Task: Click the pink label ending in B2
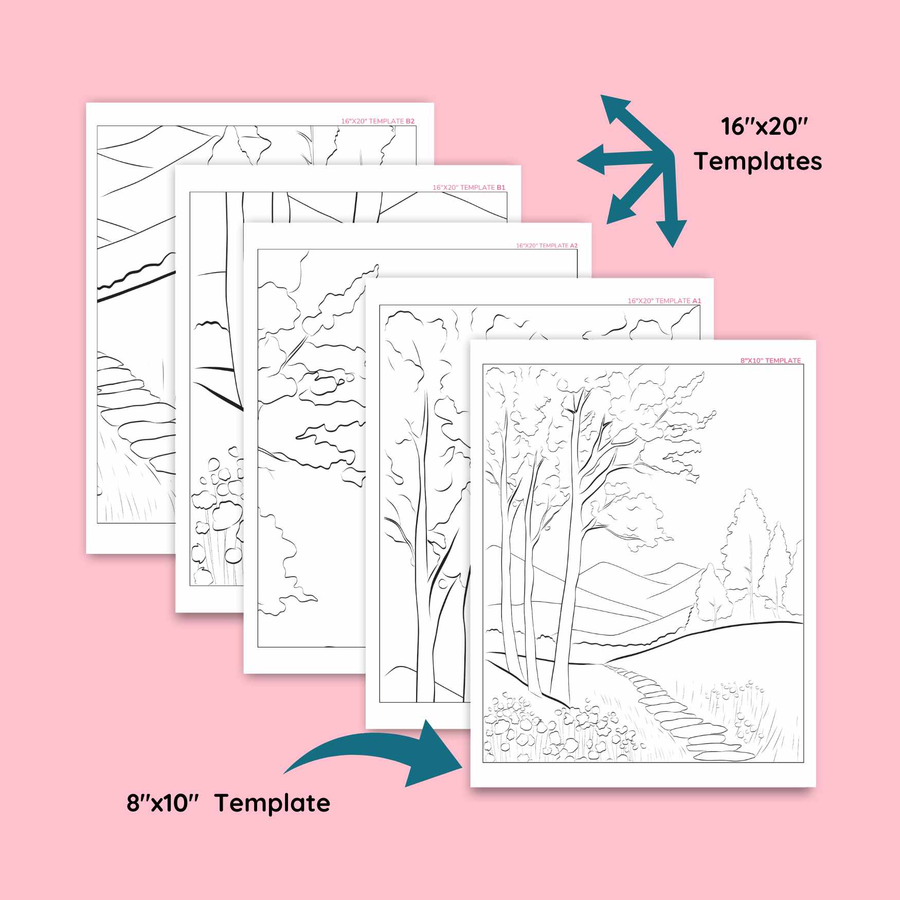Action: click(x=377, y=121)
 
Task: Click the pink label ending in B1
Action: click(x=469, y=188)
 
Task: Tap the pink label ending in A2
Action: click(x=547, y=246)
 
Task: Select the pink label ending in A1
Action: click(x=664, y=301)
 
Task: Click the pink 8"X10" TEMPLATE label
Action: click(x=770, y=361)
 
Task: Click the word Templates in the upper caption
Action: click(x=758, y=161)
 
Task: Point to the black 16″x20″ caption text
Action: click(x=764, y=127)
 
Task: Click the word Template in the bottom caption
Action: click(x=272, y=803)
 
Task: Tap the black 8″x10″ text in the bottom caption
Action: click(x=163, y=803)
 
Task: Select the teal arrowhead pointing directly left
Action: click(x=591, y=160)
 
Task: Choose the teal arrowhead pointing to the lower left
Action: click(x=620, y=210)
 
